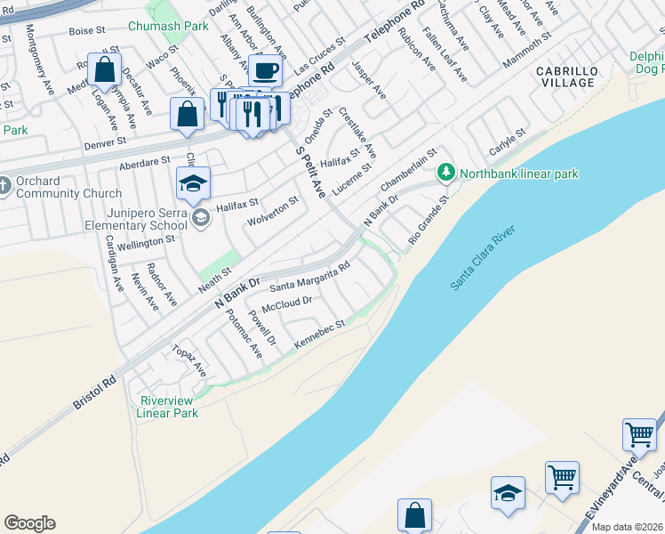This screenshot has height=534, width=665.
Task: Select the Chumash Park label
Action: (x=168, y=27)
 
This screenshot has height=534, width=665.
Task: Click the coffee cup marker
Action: (x=264, y=70)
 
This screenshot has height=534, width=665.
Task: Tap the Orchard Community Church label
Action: (x=68, y=188)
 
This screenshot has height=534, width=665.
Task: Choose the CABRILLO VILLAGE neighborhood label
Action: (x=565, y=76)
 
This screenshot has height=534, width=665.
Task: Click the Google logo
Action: (x=29, y=523)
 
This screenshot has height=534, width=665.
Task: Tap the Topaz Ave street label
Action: (x=188, y=359)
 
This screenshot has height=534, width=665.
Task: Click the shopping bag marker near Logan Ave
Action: (x=105, y=69)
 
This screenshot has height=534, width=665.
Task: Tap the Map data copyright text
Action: (x=627, y=527)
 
